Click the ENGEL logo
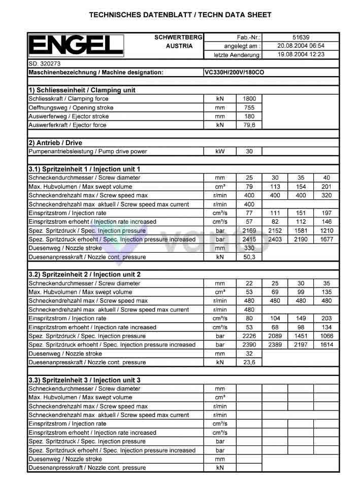click(76, 46)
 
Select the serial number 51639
click(301, 37)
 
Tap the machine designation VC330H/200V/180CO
click(234, 73)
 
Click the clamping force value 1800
click(249, 99)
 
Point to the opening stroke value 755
click(249, 108)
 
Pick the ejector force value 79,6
click(249, 125)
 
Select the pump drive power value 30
click(249, 151)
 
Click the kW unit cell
click(220, 151)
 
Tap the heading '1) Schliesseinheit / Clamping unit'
click(82, 90)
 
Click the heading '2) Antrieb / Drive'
click(55, 143)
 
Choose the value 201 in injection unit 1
click(326, 187)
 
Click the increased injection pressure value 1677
click(326, 239)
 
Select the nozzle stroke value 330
click(249, 248)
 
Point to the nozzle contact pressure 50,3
click(249, 257)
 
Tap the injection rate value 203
click(326, 319)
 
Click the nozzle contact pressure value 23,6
click(249, 362)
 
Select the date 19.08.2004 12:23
click(301, 54)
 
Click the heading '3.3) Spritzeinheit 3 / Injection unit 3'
click(85, 380)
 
